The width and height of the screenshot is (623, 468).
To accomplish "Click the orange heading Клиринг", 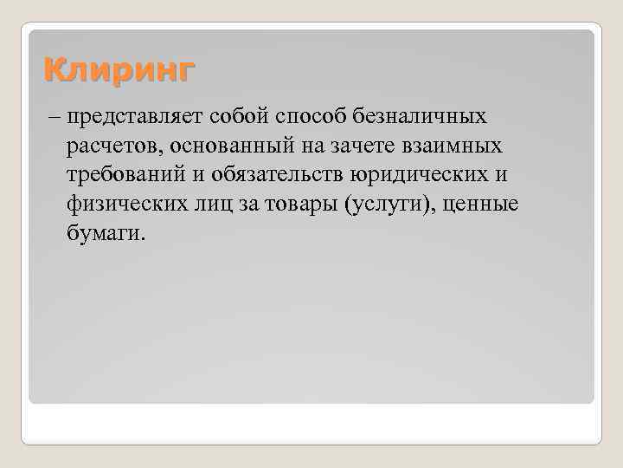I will [119, 68].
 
